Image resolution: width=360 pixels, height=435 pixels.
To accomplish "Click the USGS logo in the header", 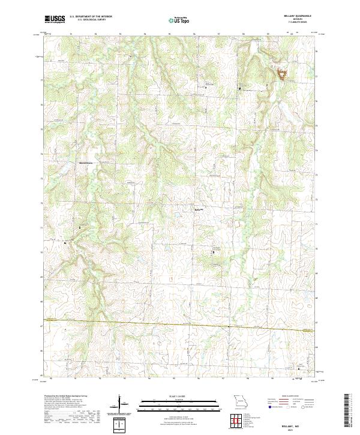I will [55, 19].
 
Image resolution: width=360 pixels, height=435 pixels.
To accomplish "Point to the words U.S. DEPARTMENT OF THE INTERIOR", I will [92, 17].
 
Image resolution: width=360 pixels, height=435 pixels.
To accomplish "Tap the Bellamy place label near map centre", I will [199, 209].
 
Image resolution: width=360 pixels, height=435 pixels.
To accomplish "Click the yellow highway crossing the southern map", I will [180, 325].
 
